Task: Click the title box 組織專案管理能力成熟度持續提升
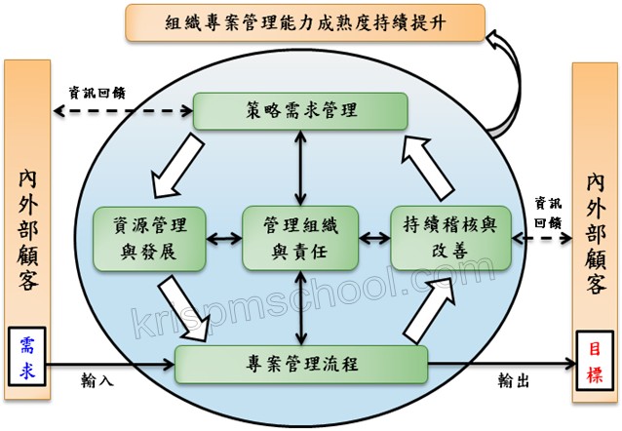tap(311, 21)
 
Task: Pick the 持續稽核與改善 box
tap(449, 237)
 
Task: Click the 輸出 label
tap(513, 383)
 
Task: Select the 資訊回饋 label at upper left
tap(96, 94)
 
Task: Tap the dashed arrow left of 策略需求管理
tap(123, 110)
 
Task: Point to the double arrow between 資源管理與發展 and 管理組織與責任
tap(224, 237)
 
